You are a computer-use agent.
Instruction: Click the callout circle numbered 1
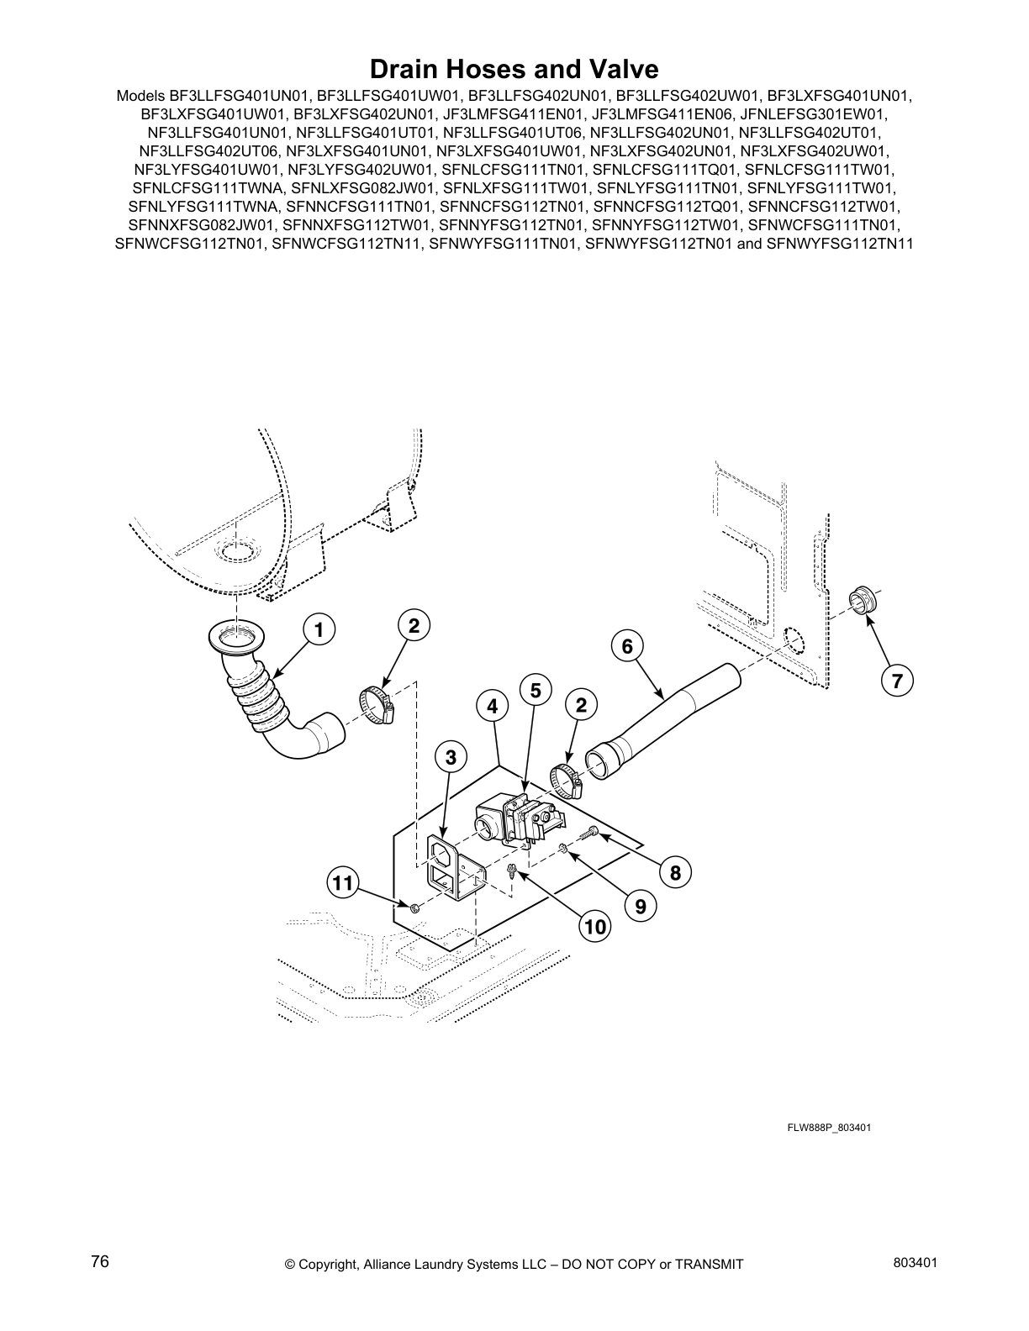tap(319, 629)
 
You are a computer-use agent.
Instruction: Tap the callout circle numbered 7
tap(897, 681)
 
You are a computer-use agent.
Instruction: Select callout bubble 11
tap(342, 883)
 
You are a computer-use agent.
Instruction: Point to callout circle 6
tap(627, 645)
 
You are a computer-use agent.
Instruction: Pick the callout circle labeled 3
tap(451, 757)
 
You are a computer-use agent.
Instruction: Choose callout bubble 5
tap(535, 691)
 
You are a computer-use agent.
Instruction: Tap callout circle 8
tap(675, 872)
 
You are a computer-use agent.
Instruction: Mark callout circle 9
tap(641, 906)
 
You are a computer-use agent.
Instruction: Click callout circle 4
tap(492, 708)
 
